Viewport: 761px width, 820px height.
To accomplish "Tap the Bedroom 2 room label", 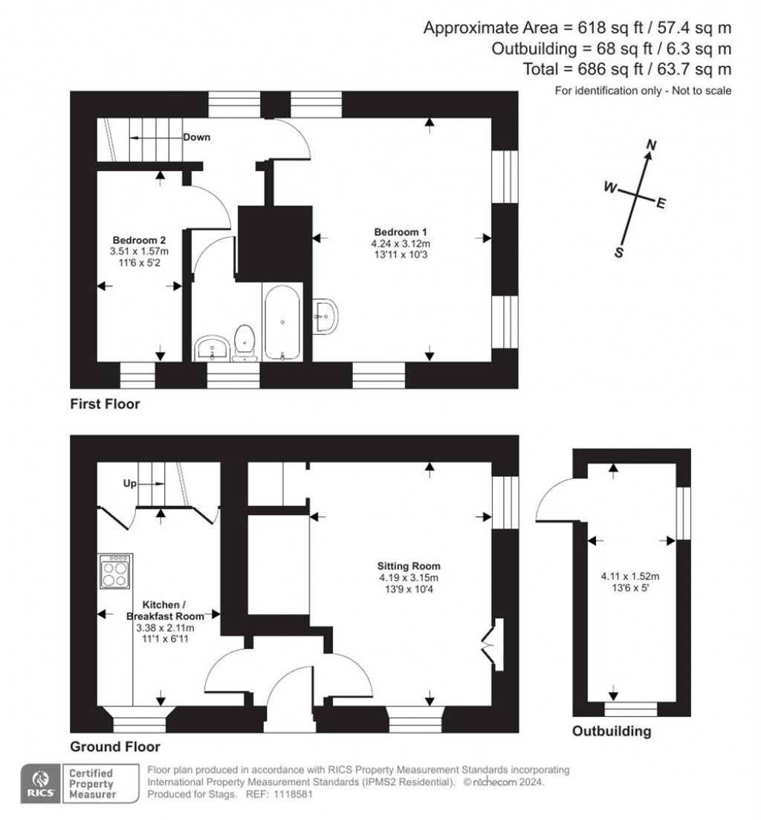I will coord(138,240).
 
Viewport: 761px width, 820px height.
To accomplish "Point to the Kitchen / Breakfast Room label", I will coord(164,611).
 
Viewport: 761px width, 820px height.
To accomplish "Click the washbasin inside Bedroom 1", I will coord(326,316).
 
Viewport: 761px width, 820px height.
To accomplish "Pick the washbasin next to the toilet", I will coord(213,348).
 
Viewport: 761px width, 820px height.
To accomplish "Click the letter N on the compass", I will coord(652,146).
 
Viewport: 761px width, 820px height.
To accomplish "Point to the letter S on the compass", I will coord(618,253).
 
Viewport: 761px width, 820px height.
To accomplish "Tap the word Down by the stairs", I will coord(197,137).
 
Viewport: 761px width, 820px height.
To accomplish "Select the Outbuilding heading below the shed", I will coord(611,732).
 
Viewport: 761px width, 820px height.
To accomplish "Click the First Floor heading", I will coord(105,405).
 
